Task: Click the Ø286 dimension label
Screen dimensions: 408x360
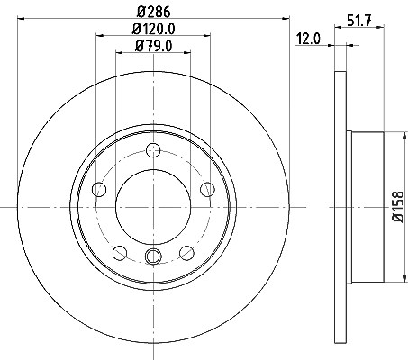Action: pos(153,12)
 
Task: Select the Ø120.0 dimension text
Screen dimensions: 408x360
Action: pos(153,29)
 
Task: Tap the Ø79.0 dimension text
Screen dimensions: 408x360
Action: pos(153,46)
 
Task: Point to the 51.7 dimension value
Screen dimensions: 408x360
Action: pos(359,21)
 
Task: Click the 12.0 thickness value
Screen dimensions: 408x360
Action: pos(308,39)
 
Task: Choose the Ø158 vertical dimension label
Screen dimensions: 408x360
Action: pos(399,207)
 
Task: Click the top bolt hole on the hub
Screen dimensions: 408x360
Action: pos(153,150)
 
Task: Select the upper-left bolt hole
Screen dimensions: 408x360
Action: pos(99,189)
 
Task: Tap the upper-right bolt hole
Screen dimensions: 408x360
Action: pos(207,189)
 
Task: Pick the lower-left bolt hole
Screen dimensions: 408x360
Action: pos(120,253)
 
